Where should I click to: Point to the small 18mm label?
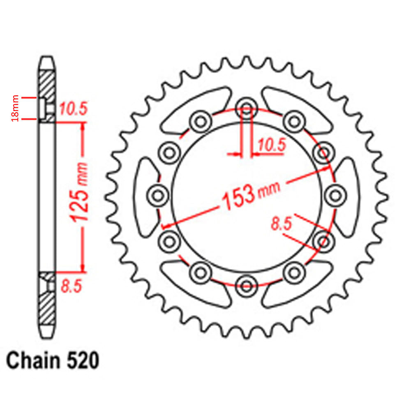coord(15,108)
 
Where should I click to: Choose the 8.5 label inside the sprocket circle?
coord(282,224)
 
